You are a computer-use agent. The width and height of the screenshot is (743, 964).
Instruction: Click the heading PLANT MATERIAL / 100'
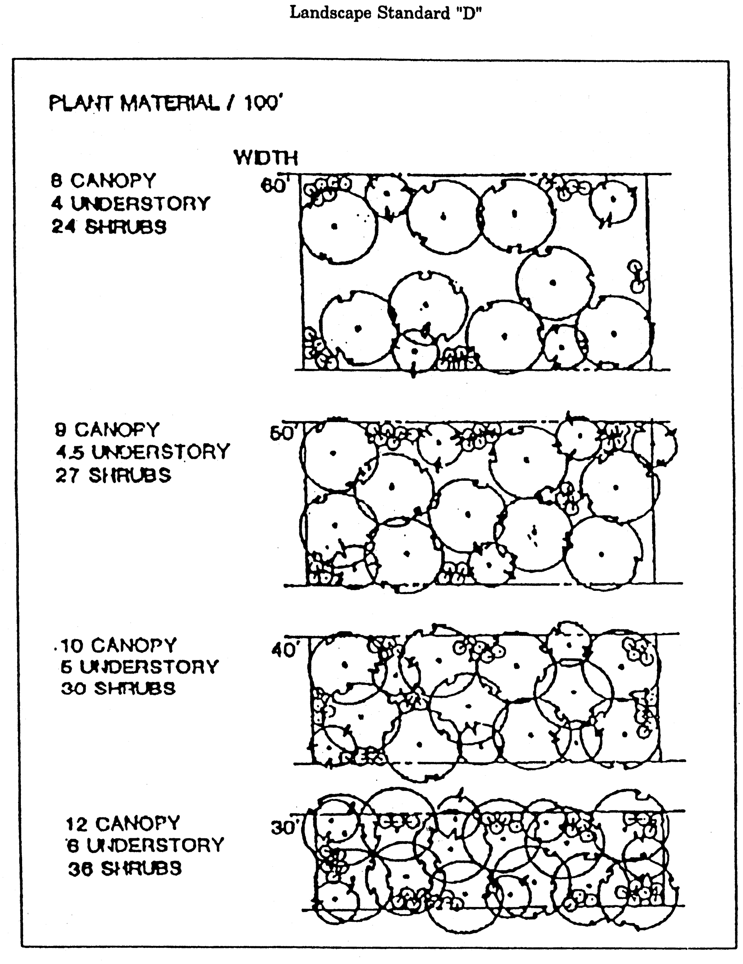[165, 104]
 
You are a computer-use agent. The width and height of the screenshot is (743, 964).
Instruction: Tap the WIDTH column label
[266, 158]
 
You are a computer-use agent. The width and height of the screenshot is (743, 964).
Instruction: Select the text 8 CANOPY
[104, 180]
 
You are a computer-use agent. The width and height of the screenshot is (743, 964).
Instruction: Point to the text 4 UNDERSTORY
[130, 204]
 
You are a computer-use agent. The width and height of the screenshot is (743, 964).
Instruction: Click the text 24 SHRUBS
[109, 227]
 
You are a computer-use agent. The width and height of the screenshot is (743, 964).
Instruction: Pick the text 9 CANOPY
[107, 429]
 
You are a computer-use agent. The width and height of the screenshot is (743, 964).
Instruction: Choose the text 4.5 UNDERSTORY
[142, 452]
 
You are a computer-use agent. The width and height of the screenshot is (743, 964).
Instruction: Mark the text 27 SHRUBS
[113, 476]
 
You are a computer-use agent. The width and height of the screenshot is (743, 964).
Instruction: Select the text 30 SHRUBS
[118, 688]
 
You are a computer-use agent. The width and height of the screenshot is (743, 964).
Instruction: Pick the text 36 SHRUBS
[125, 869]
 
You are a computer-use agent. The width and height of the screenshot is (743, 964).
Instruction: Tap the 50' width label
[282, 434]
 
